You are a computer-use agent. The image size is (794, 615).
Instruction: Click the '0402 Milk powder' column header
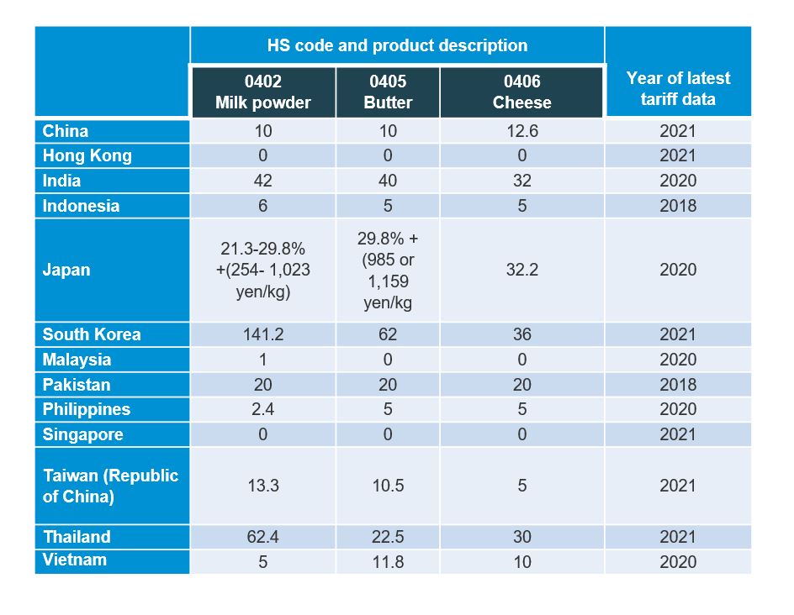click(x=262, y=92)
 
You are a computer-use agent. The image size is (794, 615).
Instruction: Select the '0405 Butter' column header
click(x=388, y=92)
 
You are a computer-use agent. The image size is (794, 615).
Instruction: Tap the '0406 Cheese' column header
click(x=521, y=92)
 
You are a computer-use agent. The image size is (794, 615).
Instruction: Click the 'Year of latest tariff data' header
click(x=678, y=88)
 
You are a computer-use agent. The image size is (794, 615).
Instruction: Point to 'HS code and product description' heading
click(x=397, y=45)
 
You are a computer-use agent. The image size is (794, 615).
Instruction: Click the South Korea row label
click(x=92, y=334)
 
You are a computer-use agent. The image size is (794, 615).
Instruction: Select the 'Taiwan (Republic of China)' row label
click(x=110, y=486)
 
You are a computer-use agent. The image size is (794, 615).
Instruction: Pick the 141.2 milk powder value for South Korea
click(x=262, y=334)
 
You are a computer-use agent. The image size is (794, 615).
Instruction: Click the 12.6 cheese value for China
click(x=521, y=131)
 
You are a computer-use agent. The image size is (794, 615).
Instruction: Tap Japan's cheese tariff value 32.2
click(x=521, y=270)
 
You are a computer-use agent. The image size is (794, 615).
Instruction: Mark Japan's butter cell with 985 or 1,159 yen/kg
click(x=388, y=271)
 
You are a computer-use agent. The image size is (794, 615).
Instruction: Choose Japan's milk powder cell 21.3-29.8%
click(x=262, y=271)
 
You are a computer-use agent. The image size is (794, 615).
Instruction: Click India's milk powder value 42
click(x=262, y=181)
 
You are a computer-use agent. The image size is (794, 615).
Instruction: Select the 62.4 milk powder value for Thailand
click(x=262, y=537)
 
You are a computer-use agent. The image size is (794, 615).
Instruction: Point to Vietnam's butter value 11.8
click(x=388, y=561)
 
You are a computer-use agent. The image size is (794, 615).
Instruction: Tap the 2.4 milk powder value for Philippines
click(x=262, y=409)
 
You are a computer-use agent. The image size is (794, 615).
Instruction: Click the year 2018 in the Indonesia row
click(x=678, y=206)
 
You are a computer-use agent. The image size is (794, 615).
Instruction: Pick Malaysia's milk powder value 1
click(x=262, y=360)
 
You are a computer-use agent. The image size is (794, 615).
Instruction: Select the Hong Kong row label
click(x=87, y=155)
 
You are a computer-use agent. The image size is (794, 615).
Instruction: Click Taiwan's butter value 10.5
click(x=388, y=486)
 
